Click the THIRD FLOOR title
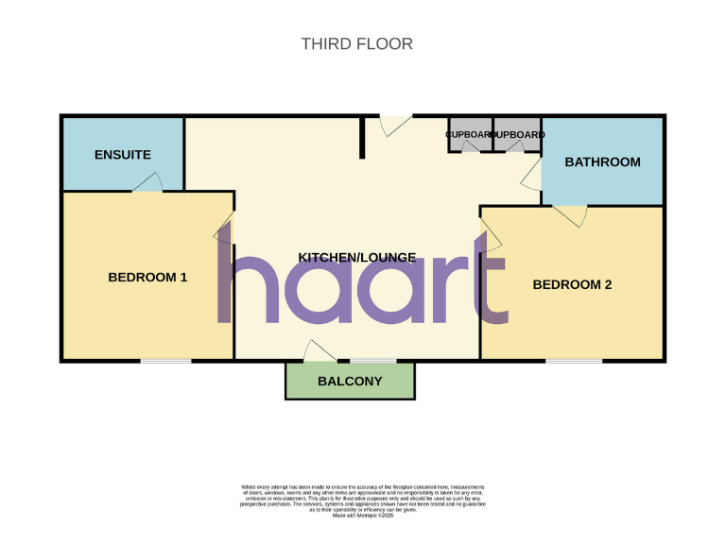[x=356, y=43]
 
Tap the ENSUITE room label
[x=122, y=154]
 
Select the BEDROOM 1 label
[x=147, y=277]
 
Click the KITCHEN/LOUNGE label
[x=357, y=257]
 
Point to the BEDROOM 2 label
[x=572, y=284]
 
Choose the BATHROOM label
[x=602, y=161]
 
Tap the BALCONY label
[x=350, y=382]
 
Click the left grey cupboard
[x=470, y=135]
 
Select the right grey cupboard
[x=517, y=135]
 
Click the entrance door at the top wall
[x=395, y=124]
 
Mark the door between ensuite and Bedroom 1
[x=147, y=184]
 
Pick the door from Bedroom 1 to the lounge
[x=226, y=229]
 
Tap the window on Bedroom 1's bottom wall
[x=165, y=360]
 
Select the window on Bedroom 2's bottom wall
[x=574, y=360]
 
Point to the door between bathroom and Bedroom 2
[x=571, y=215]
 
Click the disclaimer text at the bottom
[x=363, y=499]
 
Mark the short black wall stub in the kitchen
[x=362, y=138]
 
